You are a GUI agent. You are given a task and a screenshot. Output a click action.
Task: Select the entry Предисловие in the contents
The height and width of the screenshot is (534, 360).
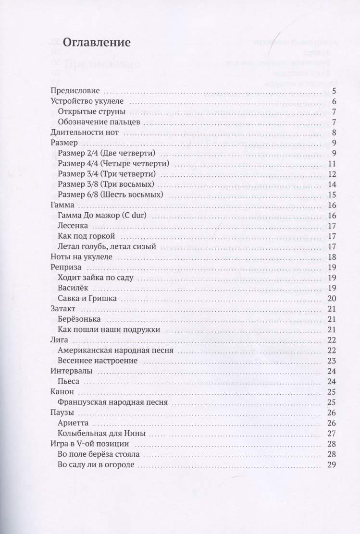[x=75, y=91]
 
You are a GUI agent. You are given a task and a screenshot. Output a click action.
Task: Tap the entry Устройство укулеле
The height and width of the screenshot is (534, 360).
[x=87, y=101]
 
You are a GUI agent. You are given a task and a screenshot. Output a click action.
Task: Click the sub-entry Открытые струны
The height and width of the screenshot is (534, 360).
[x=85, y=111]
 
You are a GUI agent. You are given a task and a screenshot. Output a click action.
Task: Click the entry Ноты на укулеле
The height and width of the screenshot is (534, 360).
[x=81, y=257]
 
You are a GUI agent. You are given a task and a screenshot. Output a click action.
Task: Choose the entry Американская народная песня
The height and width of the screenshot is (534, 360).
[x=115, y=350]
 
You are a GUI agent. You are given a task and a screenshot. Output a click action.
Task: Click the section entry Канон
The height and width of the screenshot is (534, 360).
[x=62, y=391]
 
